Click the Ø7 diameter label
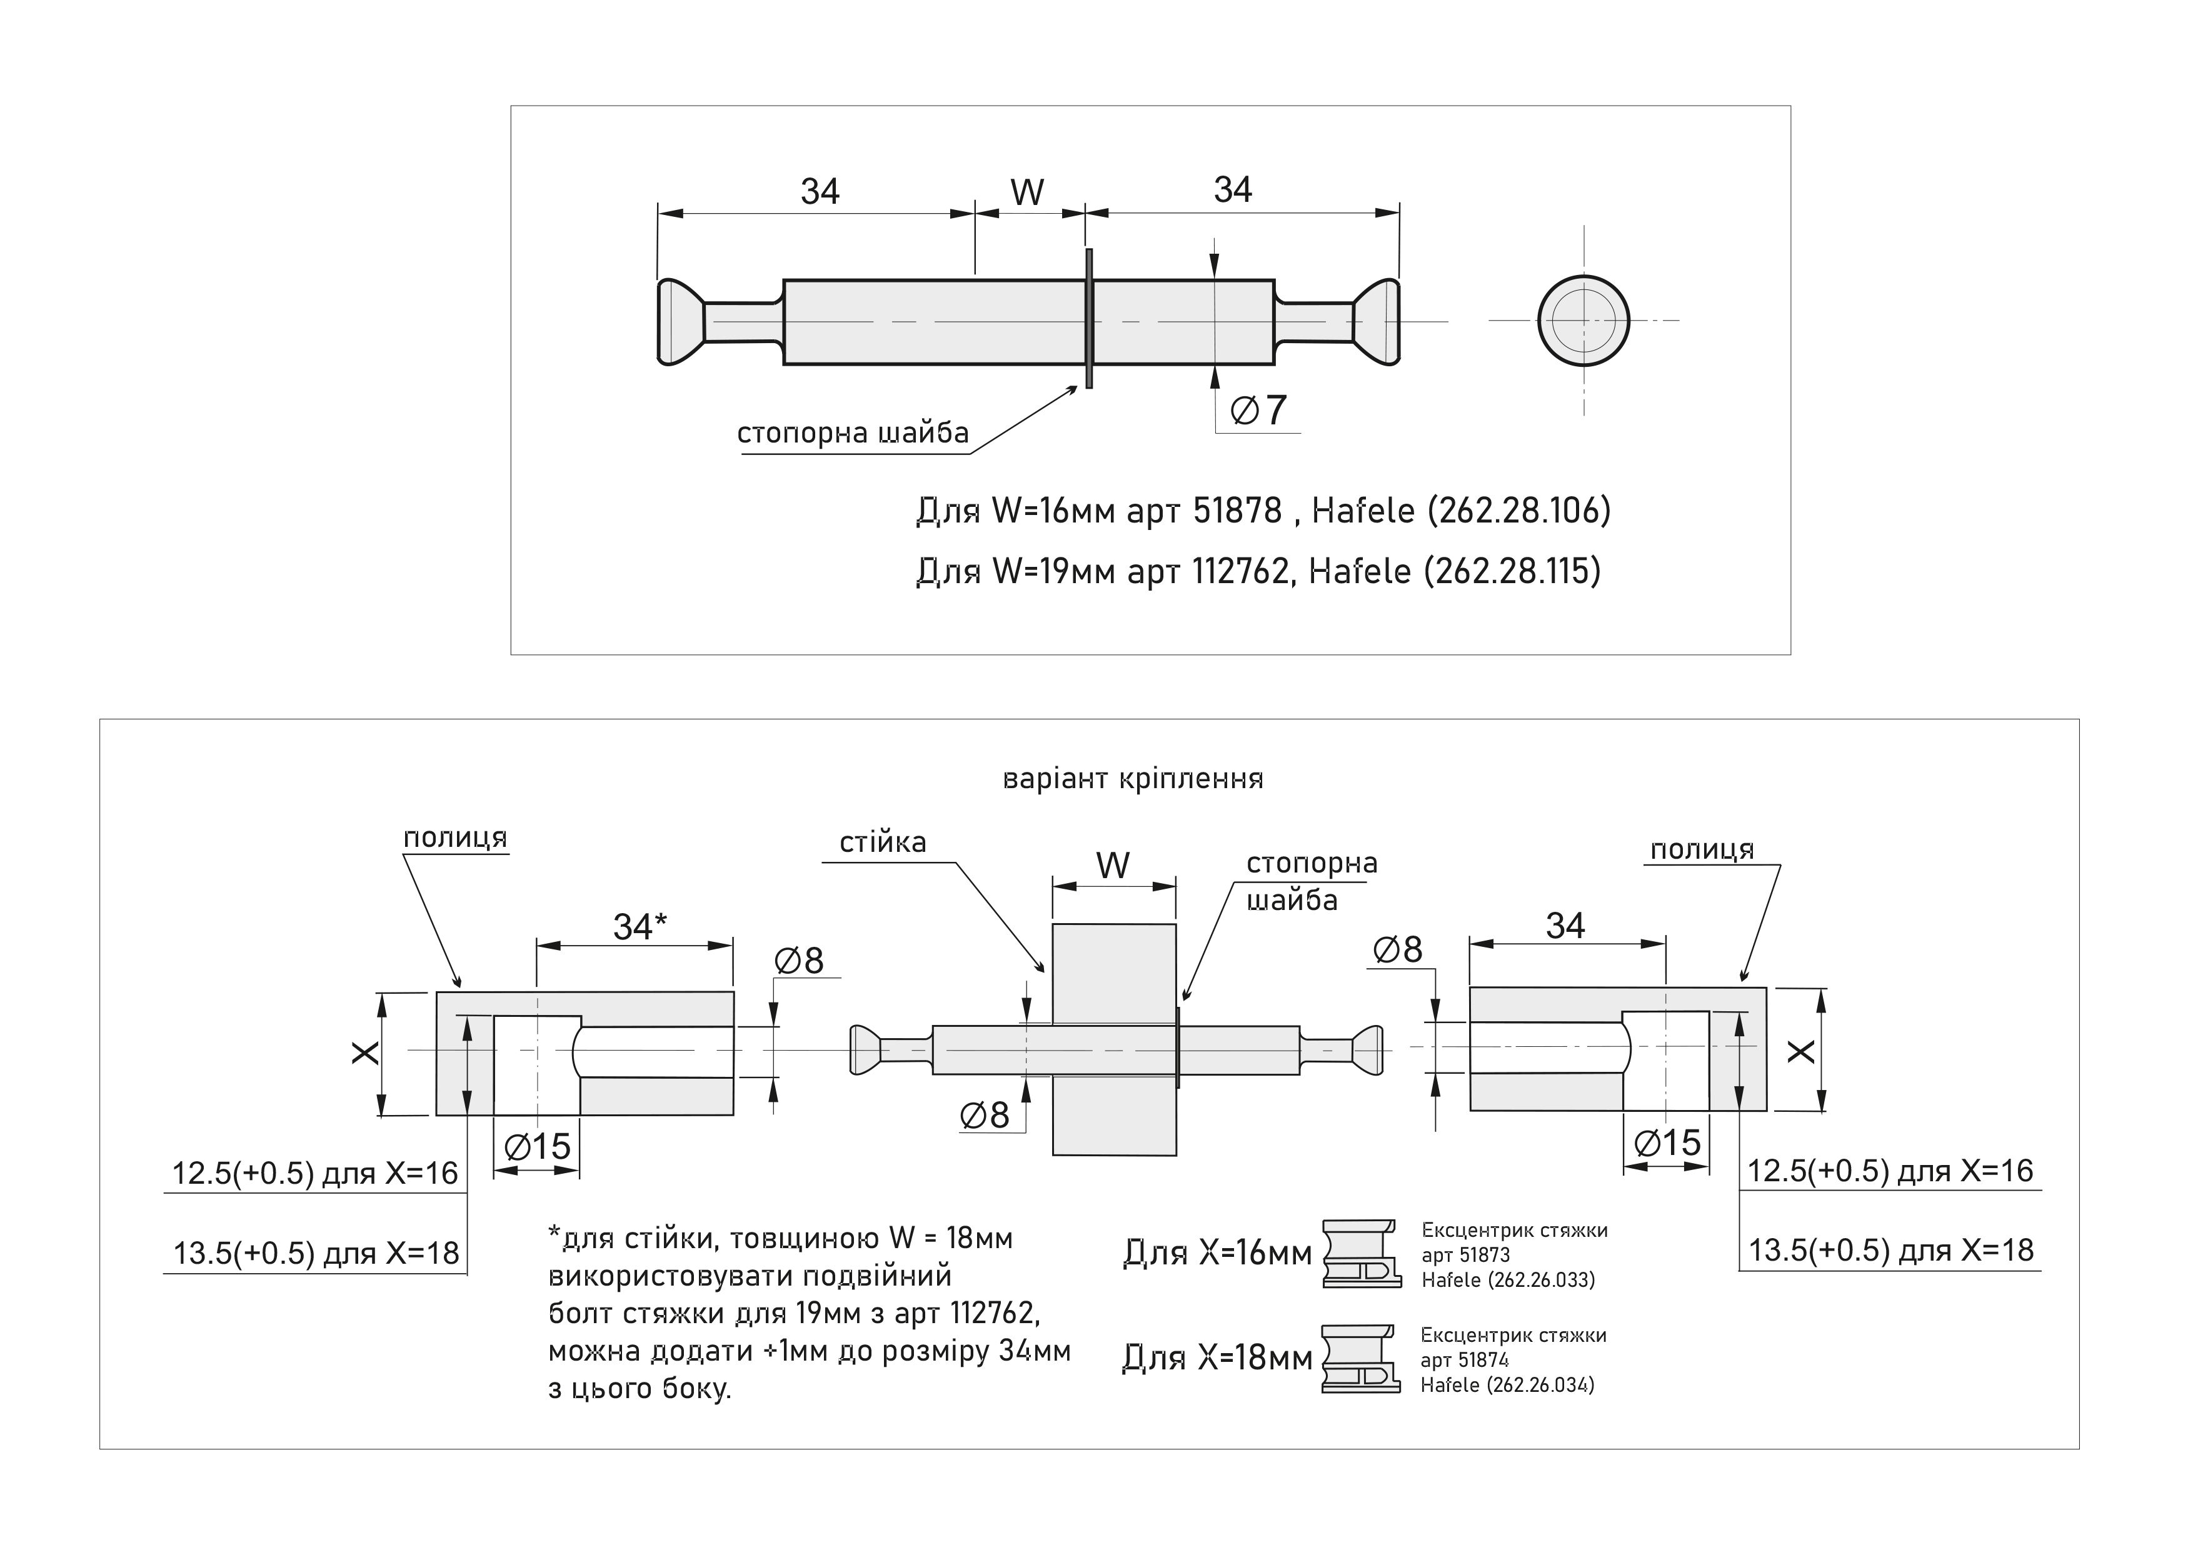[x=1259, y=411]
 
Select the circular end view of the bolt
[x=1583, y=320]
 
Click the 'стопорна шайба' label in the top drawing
[x=853, y=434]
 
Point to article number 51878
[x=1237, y=511]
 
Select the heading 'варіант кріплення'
[x=1133, y=779]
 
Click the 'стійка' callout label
[x=883, y=842]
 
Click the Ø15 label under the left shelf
[x=537, y=1146]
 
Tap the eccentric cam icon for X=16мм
[x=1361, y=1253]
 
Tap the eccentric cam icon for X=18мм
[x=1361, y=1358]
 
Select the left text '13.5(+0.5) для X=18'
[x=316, y=1253]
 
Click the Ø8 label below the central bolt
[x=985, y=1114]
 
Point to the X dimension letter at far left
[x=365, y=1053]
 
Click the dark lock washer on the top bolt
[x=1088, y=318]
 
